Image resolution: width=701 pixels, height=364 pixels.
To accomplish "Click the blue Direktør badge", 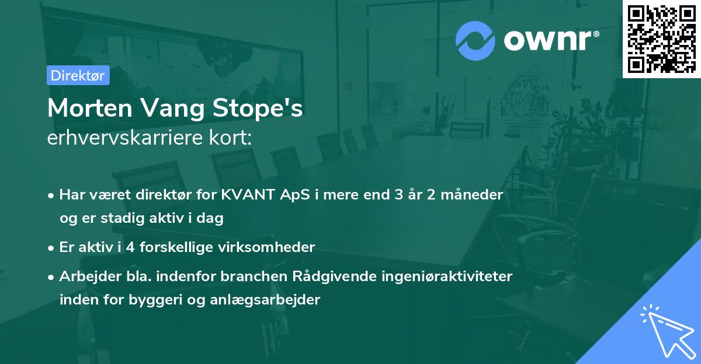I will click(78, 75).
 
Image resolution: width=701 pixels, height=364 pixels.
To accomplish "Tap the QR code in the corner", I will click(661, 38).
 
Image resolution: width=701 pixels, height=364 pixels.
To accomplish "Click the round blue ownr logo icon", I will click(476, 40).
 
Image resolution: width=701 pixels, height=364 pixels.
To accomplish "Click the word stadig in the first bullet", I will click(118, 218).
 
